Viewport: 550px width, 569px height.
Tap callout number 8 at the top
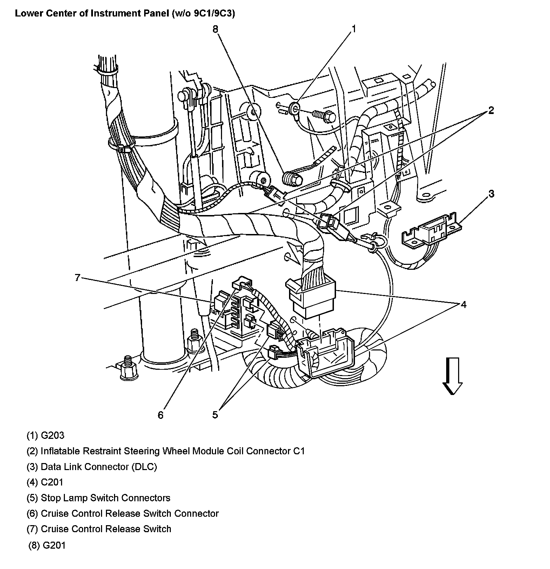[215, 29]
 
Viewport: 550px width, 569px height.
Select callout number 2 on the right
[491, 111]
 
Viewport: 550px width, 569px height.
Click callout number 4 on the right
[463, 304]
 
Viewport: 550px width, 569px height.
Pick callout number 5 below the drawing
[215, 415]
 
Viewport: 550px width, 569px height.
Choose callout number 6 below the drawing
[160, 415]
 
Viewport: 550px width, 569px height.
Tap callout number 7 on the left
[78, 278]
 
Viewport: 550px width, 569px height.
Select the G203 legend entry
[46, 435]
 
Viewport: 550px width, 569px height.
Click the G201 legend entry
[47, 545]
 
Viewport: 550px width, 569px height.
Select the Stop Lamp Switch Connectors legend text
[99, 498]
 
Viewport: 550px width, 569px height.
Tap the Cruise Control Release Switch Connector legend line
[123, 514]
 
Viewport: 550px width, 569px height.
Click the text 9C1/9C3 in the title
[213, 14]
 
